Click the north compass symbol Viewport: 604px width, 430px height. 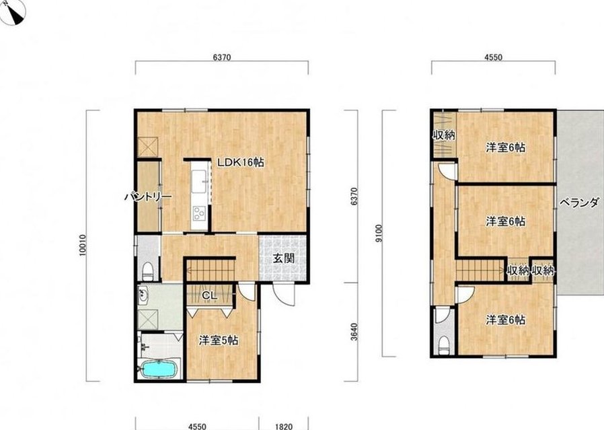point(13,11)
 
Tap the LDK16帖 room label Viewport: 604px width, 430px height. point(241,163)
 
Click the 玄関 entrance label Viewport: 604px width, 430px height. point(284,258)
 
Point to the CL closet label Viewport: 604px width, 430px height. point(210,296)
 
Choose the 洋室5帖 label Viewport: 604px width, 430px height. point(219,341)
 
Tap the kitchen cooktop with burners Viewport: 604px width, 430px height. point(199,213)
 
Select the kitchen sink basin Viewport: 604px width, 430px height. point(200,181)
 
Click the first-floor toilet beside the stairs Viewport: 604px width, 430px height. point(148,271)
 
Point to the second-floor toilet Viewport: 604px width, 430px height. point(444,345)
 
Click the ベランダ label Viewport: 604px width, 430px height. point(579,203)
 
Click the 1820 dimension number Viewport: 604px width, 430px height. point(284,427)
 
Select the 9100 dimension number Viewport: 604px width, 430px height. point(380,234)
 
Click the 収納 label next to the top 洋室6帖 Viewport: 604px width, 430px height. point(444,136)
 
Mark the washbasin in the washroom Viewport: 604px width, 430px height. point(144,296)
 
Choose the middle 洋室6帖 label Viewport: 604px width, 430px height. point(505,221)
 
